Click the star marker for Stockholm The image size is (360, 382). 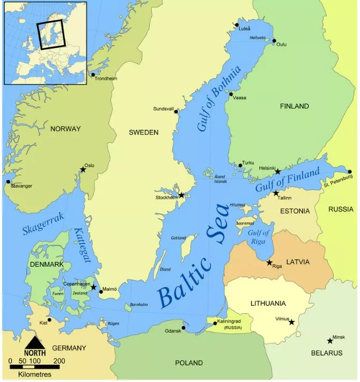click(181, 195)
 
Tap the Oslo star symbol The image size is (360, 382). click(83, 170)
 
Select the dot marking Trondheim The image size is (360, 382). click(93, 75)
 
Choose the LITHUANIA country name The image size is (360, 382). click(268, 303)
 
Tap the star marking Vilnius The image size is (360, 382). click(291, 322)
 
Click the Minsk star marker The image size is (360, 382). click(330, 341)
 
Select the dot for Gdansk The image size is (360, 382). click(183, 328)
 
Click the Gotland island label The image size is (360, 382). click(178, 238)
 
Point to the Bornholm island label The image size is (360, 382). click(139, 304)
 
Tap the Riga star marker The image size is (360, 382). click(269, 262)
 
